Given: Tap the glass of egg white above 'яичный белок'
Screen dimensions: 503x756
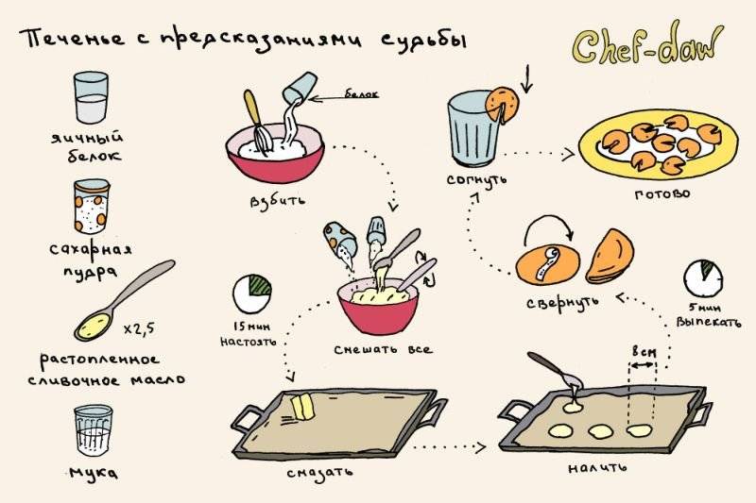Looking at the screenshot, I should (x=93, y=97).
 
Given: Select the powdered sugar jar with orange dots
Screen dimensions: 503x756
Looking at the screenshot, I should (x=92, y=205).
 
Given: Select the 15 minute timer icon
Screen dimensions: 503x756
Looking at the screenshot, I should (x=250, y=293).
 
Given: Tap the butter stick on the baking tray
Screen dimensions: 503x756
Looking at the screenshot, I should (x=301, y=407).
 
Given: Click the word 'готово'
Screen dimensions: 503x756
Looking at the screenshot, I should (x=661, y=193).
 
